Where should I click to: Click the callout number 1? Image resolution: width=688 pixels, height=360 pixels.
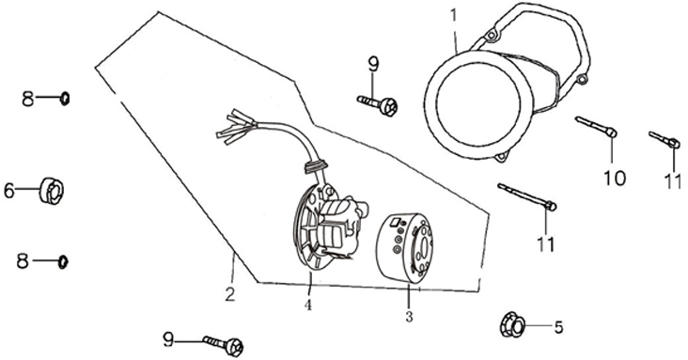point(454,15)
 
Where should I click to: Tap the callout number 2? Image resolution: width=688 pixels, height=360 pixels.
point(230,294)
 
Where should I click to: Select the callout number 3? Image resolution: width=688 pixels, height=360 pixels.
point(409,317)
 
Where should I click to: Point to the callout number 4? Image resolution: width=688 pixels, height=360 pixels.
point(309,305)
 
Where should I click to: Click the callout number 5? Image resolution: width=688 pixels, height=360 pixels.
point(558,327)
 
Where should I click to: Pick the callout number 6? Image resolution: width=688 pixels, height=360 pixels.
point(9,191)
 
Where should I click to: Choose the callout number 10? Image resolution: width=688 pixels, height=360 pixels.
point(615,178)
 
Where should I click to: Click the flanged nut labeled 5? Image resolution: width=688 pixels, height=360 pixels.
point(512,325)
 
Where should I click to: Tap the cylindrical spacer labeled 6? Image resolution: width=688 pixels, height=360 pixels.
point(52,191)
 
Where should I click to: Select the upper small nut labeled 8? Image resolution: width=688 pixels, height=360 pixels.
point(65,99)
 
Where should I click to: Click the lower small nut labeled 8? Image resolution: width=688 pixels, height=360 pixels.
point(63,262)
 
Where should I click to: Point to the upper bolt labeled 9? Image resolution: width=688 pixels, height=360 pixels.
point(377,105)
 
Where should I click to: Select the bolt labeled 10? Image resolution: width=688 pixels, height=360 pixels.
point(596,127)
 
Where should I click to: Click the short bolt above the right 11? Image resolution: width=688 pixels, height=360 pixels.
point(665,140)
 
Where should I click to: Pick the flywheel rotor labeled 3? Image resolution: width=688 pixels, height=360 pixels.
point(404,248)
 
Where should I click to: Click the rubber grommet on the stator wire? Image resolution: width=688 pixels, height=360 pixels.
point(315,165)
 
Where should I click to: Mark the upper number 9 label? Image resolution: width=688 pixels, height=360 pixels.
point(372,66)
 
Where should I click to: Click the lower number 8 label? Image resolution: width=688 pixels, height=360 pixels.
point(23,261)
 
